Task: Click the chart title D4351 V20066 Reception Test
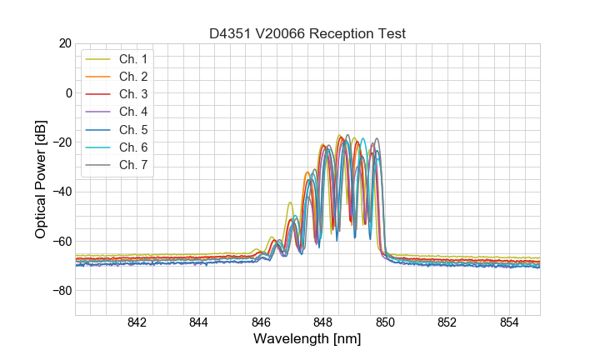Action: click(307, 33)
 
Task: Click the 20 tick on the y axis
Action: click(64, 43)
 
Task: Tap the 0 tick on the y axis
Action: click(67, 92)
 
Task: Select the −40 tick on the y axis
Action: click(61, 192)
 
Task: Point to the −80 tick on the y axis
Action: click(61, 291)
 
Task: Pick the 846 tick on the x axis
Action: click(261, 323)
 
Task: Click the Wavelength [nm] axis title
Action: click(307, 340)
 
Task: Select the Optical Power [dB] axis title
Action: click(40, 179)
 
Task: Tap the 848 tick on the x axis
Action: click(323, 323)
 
